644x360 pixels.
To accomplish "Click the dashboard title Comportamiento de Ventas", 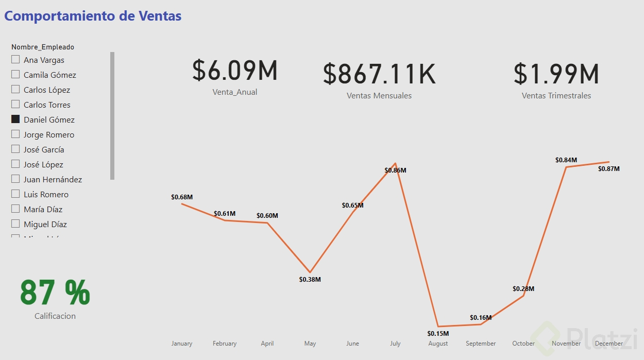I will click(x=93, y=16).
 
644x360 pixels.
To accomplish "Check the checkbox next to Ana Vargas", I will click(x=15, y=60).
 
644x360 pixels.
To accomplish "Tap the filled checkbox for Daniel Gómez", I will click(x=15, y=119).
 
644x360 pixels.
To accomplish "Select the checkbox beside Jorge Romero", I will click(x=15, y=134).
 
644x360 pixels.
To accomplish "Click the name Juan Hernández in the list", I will click(x=53, y=179).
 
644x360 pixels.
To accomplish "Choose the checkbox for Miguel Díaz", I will click(x=15, y=224).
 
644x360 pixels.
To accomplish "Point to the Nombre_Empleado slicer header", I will click(x=43, y=47).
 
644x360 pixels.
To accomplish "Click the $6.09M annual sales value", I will click(x=235, y=71).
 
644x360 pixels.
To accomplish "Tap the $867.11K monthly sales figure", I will click(x=379, y=74).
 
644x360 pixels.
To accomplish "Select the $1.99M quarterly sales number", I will click(x=556, y=74).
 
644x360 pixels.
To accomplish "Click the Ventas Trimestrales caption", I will click(x=556, y=96).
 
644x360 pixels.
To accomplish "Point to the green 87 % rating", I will click(x=55, y=293).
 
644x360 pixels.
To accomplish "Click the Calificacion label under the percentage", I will click(x=55, y=316).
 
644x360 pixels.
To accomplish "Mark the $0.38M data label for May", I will click(x=310, y=280).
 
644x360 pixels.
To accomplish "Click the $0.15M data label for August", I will click(x=438, y=333).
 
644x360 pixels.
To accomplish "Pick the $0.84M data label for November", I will click(x=566, y=160).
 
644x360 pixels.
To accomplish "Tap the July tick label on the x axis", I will click(x=395, y=344).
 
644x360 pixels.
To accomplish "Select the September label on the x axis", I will click(x=481, y=344).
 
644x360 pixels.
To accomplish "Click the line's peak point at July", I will click(x=395, y=163).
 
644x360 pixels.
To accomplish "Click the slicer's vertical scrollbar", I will click(x=112, y=115).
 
